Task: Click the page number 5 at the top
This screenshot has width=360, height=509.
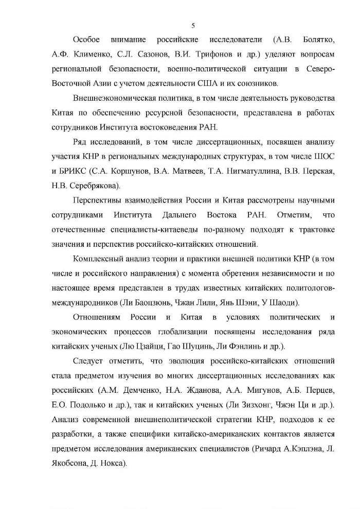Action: tap(193, 25)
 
